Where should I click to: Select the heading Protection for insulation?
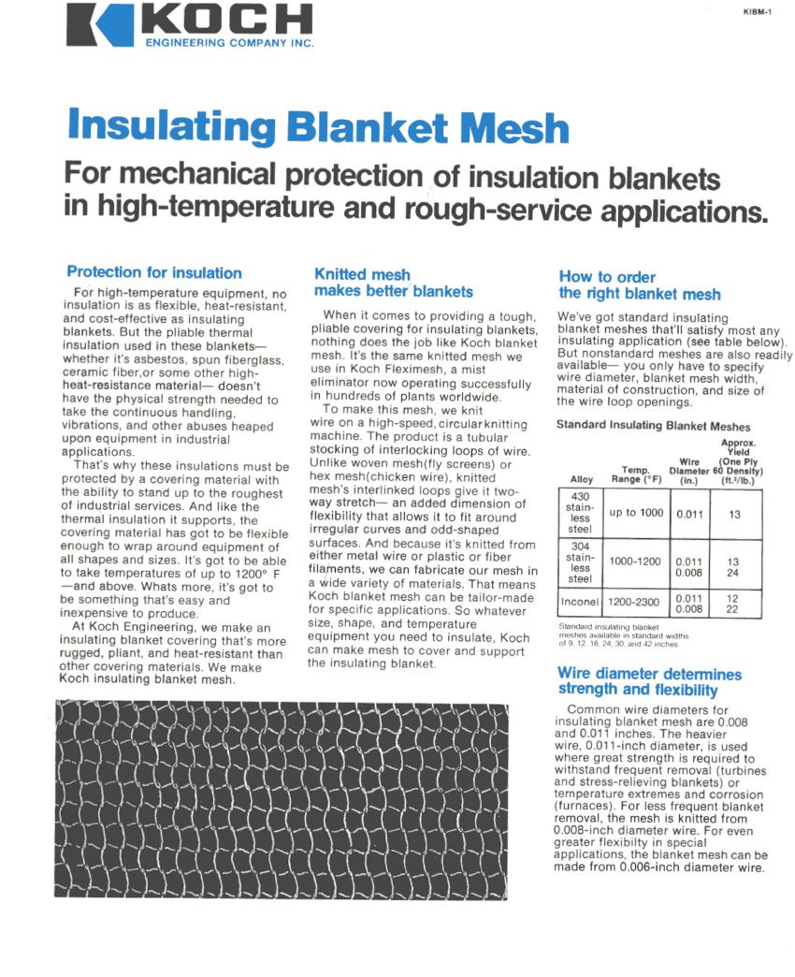[154, 272]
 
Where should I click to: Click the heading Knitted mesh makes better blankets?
[394, 283]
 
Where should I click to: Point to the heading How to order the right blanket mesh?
[640, 285]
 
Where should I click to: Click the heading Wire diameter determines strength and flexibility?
[649, 681]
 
